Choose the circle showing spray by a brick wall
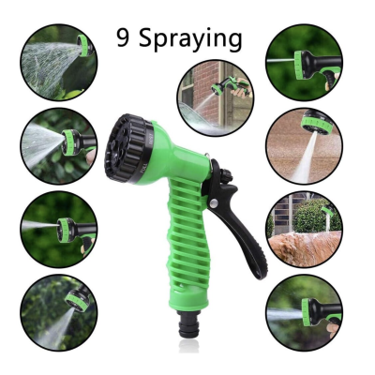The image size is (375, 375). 214,98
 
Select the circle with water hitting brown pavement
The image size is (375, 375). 303,144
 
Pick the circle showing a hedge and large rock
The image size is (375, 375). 303,226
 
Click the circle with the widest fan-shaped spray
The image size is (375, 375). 58,62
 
